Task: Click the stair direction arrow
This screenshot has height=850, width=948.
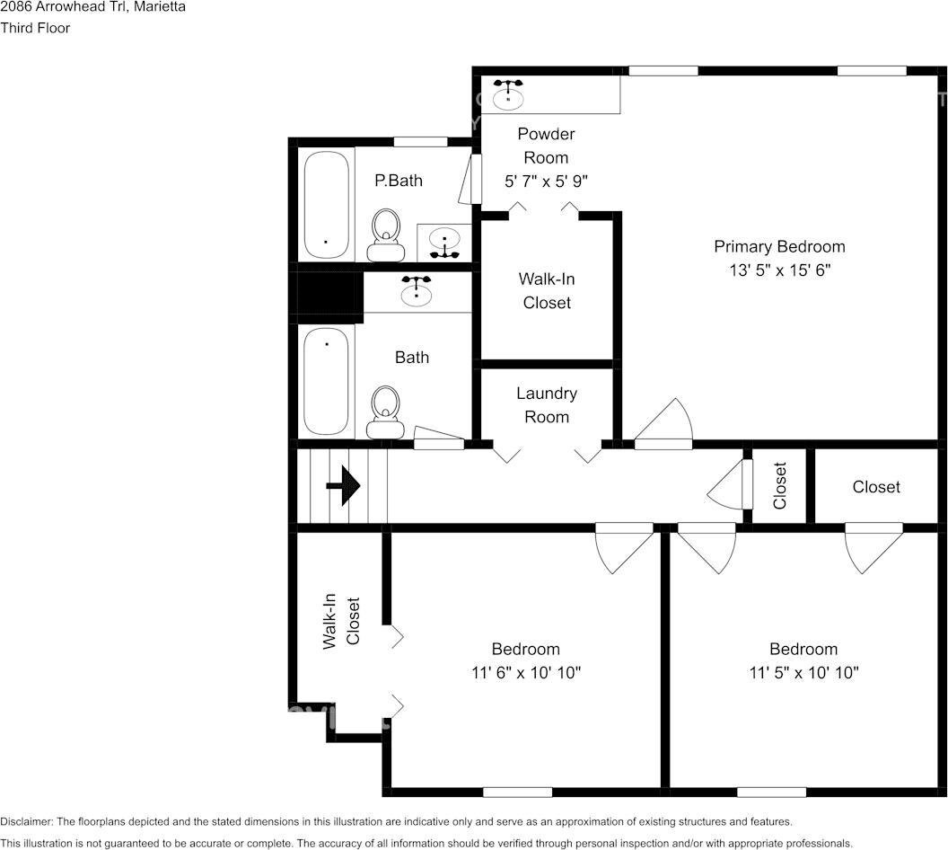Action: [x=343, y=485]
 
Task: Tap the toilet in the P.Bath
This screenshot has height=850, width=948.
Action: [x=386, y=235]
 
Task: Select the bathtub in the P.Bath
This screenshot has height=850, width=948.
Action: [x=326, y=205]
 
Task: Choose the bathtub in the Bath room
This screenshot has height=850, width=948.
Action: [x=326, y=381]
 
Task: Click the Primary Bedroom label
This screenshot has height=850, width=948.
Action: [x=779, y=246]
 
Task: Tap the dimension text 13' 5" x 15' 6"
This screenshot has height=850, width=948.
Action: [x=779, y=270]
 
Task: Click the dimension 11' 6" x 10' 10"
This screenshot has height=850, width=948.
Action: [x=526, y=672]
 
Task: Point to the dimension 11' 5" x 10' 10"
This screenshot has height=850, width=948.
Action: [x=803, y=672]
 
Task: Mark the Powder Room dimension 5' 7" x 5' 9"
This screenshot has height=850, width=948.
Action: [x=546, y=181]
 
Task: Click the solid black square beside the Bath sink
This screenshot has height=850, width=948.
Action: [x=329, y=297]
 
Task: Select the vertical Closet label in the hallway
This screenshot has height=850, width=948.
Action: [x=779, y=486]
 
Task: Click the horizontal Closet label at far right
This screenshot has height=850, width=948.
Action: [x=876, y=487]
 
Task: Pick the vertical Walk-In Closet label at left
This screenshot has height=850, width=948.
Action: [x=340, y=621]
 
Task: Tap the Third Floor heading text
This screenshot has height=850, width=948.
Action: [x=35, y=28]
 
